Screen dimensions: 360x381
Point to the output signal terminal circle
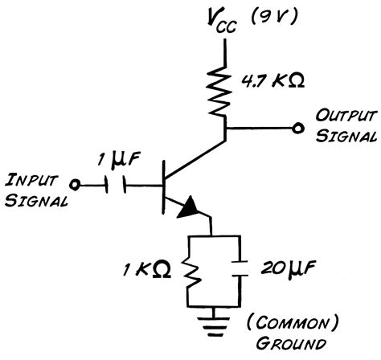[298, 127]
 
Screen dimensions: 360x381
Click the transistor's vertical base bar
[162, 184]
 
